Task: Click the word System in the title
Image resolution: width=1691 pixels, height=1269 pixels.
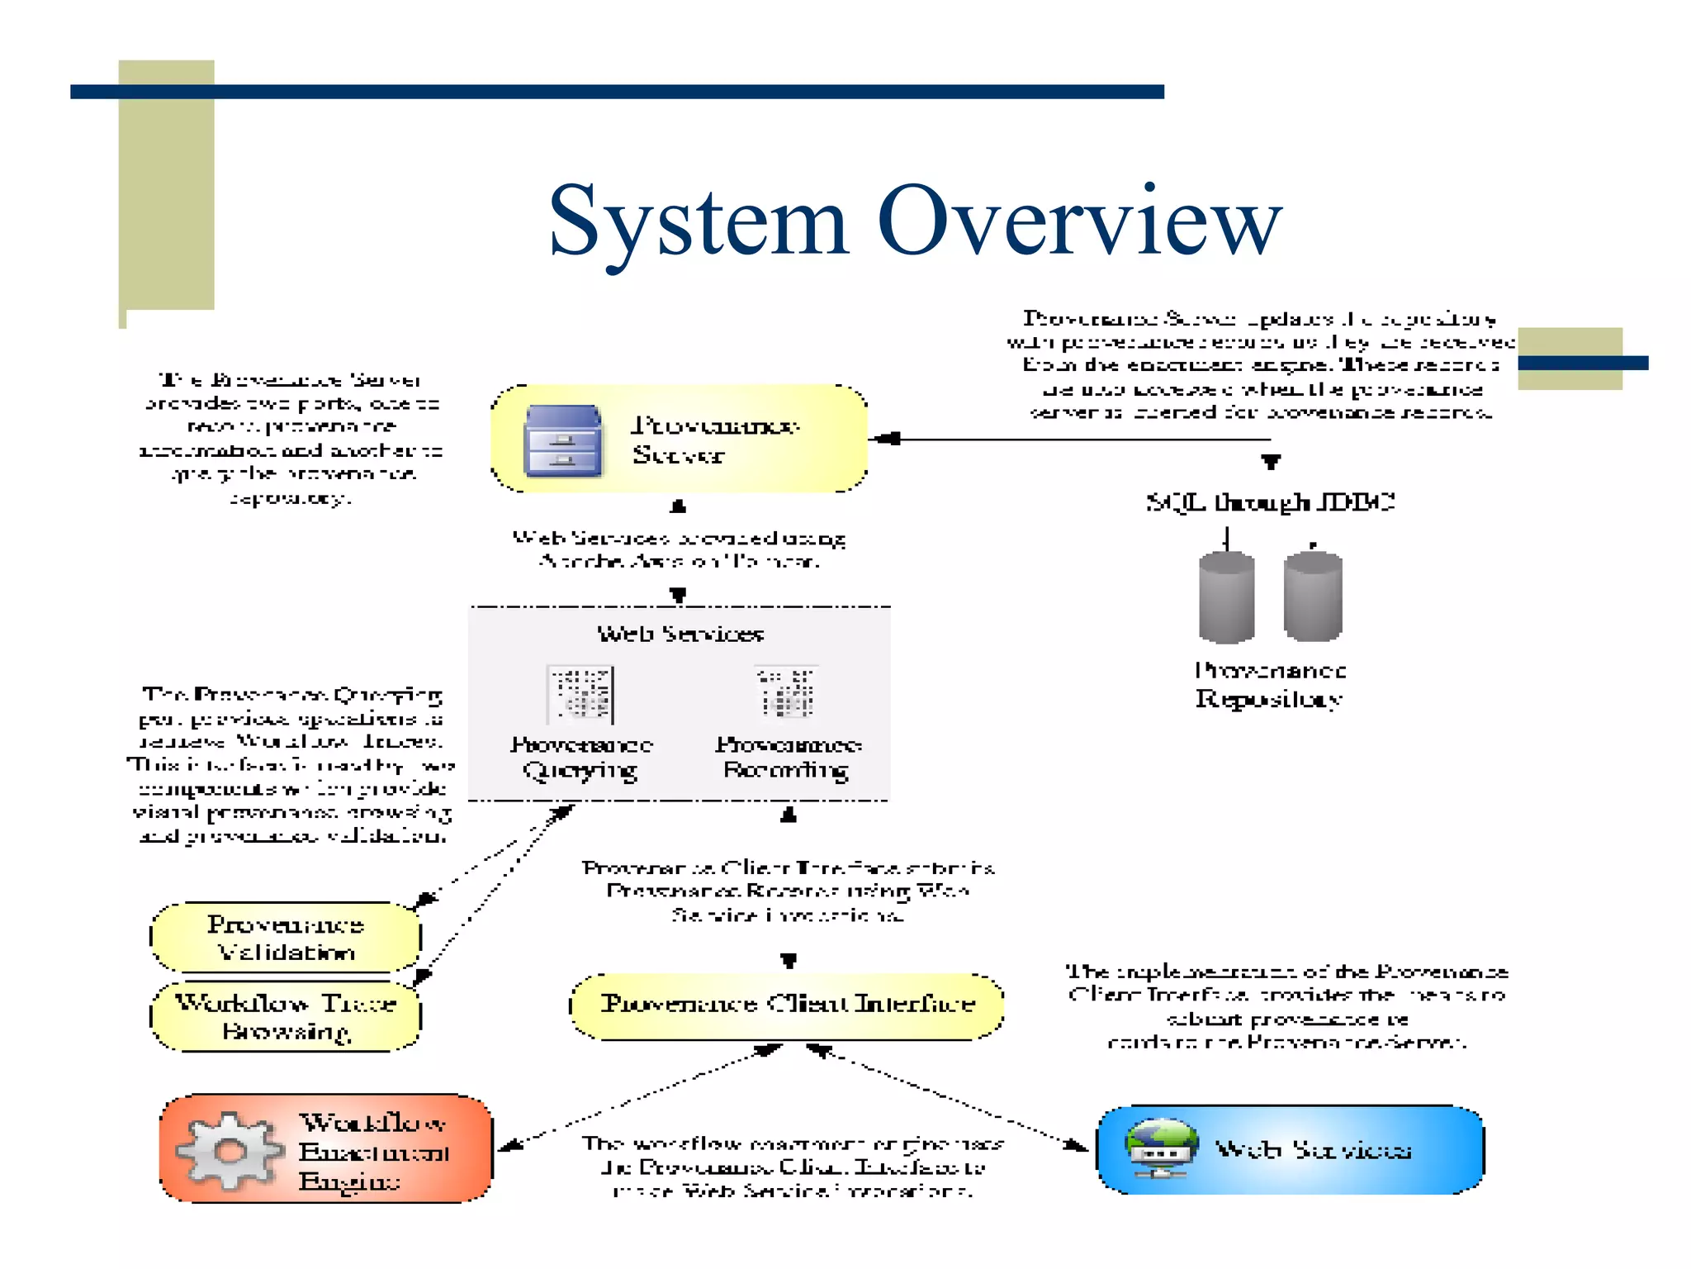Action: (698, 221)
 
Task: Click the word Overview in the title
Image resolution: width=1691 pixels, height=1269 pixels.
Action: (1079, 221)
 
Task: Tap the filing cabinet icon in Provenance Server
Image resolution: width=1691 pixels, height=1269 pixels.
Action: (562, 440)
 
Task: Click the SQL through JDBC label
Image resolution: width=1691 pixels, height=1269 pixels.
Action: (1270, 502)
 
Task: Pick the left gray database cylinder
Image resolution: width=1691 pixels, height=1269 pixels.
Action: (1226, 597)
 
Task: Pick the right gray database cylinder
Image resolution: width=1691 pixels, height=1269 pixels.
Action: (1313, 596)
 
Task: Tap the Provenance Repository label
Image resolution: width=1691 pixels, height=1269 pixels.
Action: (1270, 685)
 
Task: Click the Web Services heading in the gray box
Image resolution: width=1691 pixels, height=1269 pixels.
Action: (680, 634)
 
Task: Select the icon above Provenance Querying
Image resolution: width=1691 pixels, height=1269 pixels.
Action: (580, 695)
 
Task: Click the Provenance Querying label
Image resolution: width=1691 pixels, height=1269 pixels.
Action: (581, 757)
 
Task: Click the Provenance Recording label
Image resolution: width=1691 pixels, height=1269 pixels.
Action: (788, 757)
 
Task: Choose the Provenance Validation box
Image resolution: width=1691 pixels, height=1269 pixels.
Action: (286, 938)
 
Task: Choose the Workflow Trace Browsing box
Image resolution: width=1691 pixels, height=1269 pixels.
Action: (286, 1017)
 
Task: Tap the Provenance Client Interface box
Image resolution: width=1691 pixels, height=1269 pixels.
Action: (787, 1005)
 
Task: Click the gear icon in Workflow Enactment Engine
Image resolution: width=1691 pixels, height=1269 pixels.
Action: (229, 1151)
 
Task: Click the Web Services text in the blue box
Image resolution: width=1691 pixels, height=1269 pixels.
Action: (1313, 1150)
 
